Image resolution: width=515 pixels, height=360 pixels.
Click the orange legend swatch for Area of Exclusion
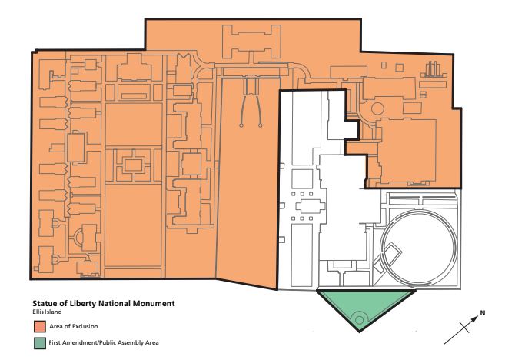[x=36, y=327]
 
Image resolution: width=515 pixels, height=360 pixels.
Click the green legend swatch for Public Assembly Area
[x=36, y=342]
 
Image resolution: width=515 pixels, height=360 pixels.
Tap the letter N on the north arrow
[x=483, y=312]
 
